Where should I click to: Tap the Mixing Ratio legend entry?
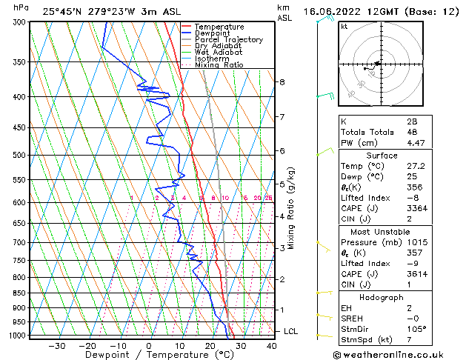pyautogui.click(x=219, y=65)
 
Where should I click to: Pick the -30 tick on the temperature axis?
pyautogui.click(x=56, y=346)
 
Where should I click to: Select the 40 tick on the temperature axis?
pyautogui.click(x=270, y=346)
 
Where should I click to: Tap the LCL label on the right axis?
pyautogui.click(x=290, y=331)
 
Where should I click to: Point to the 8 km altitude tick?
pyautogui.click(x=282, y=81)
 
